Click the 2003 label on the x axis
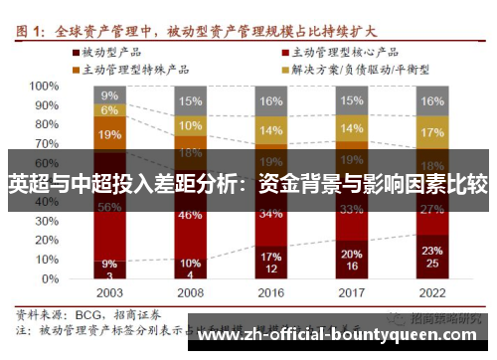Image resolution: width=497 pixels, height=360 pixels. pyautogui.click(x=110, y=293)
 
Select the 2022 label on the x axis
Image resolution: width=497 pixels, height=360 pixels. pyautogui.click(x=432, y=293)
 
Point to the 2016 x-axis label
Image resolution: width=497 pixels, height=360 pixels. pyautogui.click(x=270, y=293)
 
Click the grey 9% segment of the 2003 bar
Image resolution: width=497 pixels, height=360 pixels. pyautogui.click(x=110, y=95)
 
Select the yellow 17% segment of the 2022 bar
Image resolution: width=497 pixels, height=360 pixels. pyautogui.click(x=431, y=132)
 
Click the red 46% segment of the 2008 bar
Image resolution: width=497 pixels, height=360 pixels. pyautogui.click(x=191, y=215)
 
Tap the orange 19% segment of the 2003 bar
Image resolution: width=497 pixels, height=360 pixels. pyautogui.click(x=110, y=134)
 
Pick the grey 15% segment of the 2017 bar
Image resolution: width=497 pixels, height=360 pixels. pyautogui.click(x=351, y=100)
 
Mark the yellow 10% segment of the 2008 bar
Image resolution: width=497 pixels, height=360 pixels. pyautogui.click(x=191, y=126)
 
